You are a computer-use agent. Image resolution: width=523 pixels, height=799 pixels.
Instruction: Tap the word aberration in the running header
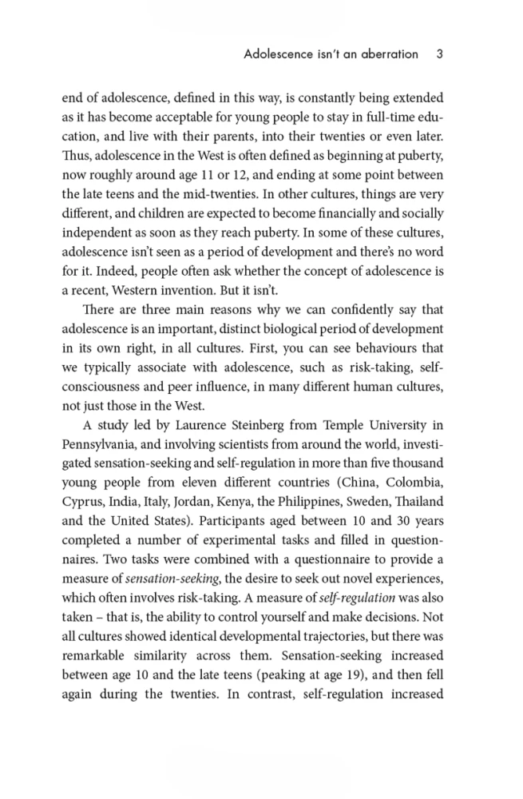[x=386, y=54]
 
